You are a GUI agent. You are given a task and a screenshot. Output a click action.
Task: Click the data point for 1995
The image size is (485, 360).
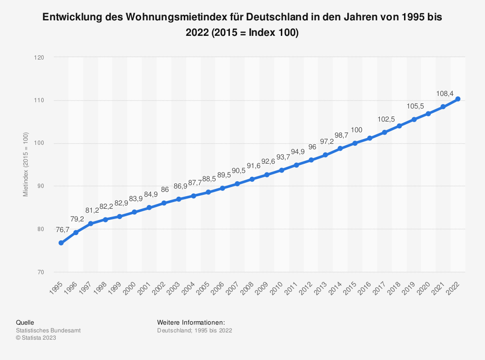pos(61,243)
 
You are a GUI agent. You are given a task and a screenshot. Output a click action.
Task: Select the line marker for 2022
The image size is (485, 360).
pos(458,99)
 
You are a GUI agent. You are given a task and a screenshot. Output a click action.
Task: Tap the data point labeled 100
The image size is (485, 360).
pos(355,143)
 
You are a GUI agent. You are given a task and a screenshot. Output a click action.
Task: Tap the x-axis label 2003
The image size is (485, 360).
pos(174,285)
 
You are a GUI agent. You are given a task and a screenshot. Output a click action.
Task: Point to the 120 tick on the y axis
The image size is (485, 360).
pos(40,58)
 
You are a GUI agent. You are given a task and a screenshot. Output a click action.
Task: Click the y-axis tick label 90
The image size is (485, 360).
pos(41,186)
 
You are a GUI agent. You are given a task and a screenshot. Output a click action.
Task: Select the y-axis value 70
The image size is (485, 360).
pos(41,272)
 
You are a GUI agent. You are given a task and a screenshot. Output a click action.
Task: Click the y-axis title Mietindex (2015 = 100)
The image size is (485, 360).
pos(25,165)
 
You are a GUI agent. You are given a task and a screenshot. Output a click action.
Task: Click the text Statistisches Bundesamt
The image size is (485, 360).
pos(48,330)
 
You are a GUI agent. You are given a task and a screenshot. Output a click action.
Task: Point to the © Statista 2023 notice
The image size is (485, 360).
pos(36,338)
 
